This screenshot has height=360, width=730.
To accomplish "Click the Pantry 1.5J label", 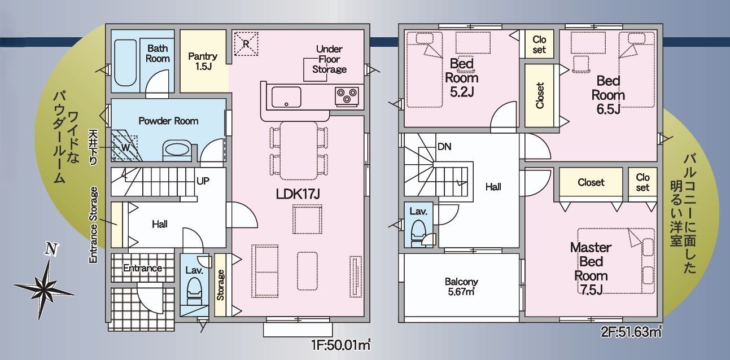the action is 203,62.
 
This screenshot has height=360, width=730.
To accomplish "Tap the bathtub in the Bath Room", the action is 125,63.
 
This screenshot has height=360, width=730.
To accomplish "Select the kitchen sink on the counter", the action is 286,96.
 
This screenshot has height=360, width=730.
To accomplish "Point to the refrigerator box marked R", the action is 246,43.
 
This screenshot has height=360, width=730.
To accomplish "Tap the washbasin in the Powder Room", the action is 177,150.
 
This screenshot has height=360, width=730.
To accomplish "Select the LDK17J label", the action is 298,194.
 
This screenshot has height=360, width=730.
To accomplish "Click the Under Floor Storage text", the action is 329,59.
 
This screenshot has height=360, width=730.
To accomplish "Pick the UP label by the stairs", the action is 203,181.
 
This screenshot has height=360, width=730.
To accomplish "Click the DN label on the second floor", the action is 444,147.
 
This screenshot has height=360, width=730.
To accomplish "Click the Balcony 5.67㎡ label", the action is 461,287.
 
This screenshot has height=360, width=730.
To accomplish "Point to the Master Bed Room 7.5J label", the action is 591,269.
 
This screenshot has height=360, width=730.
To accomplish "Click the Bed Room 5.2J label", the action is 461,78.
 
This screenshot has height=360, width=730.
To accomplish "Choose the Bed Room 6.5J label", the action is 608,95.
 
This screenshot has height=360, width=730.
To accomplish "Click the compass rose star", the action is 44,288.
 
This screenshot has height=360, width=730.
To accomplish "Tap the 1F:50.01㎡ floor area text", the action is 341,345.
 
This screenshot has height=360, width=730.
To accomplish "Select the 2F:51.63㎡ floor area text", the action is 631,332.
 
